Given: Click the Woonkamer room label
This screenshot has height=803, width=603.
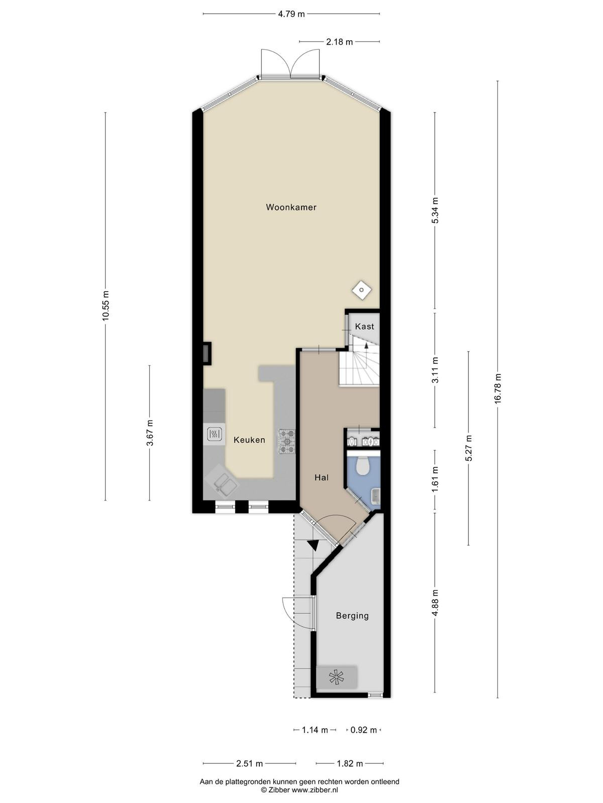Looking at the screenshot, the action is pyautogui.click(x=291, y=207).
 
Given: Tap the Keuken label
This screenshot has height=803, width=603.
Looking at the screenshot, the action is pyautogui.click(x=249, y=440).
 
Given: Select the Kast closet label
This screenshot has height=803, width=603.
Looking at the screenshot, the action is pyautogui.click(x=365, y=326).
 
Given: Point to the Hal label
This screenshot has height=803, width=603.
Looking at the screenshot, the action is pyautogui.click(x=322, y=477).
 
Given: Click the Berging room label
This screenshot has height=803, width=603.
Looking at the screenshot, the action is pyautogui.click(x=352, y=616).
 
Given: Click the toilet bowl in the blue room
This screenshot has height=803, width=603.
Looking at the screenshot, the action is pyautogui.click(x=363, y=466).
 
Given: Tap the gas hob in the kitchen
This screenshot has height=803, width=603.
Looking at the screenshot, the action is pyautogui.click(x=286, y=442).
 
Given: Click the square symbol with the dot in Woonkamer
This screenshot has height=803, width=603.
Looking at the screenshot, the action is pyautogui.click(x=362, y=290).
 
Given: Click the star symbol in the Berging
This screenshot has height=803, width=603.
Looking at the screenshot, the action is pyautogui.click(x=337, y=678).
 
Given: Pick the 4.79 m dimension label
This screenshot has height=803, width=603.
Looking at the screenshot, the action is pyautogui.click(x=291, y=14).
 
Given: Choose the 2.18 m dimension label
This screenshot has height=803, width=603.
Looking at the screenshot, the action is pyautogui.click(x=339, y=42).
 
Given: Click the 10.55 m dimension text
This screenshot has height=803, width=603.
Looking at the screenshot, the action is pyautogui.click(x=106, y=306).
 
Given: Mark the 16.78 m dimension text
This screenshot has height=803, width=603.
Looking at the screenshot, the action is pyautogui.click(x=497, y=389).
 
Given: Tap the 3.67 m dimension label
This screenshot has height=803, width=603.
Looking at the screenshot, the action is pyautogui.click(x=150, y=433).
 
